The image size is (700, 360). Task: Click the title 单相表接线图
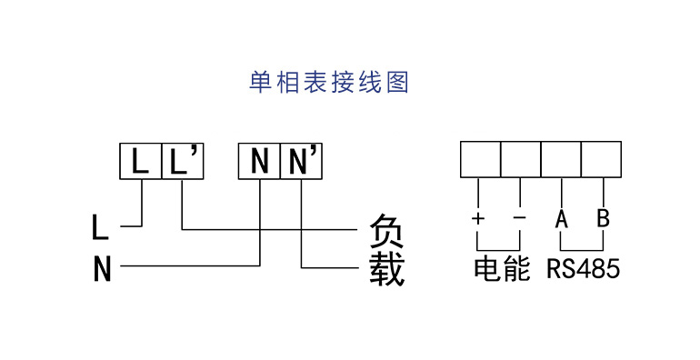330,83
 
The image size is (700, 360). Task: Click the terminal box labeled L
140,160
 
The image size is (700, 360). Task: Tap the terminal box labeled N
259,160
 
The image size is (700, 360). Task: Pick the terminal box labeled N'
301,160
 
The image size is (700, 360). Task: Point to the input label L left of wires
101,225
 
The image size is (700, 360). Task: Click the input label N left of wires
102,269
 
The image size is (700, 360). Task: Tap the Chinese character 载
387,269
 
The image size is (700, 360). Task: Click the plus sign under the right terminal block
478,219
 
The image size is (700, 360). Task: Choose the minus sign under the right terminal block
519,219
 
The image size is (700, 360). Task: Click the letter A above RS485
562,219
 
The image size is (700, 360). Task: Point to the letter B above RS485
603,219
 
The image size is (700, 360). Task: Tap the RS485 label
583,270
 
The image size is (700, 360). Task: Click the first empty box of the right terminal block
480,159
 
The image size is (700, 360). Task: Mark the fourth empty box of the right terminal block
601,159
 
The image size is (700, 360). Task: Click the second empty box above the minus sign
520,159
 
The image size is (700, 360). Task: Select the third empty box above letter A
561,159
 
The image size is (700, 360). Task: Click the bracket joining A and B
582,248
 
